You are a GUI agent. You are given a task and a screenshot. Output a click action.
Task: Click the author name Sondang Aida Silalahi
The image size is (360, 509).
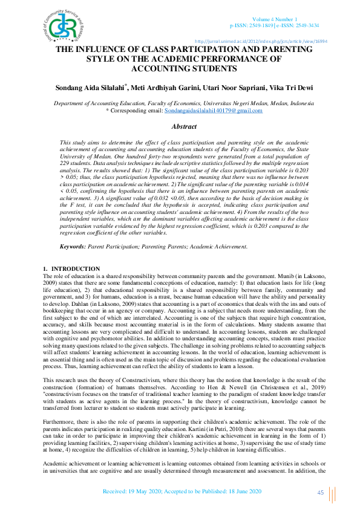[92, 88]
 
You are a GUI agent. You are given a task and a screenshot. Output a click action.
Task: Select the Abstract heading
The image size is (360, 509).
[184, 126]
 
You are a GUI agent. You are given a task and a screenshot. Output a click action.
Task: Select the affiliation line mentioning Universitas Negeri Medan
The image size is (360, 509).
[184, 103]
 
